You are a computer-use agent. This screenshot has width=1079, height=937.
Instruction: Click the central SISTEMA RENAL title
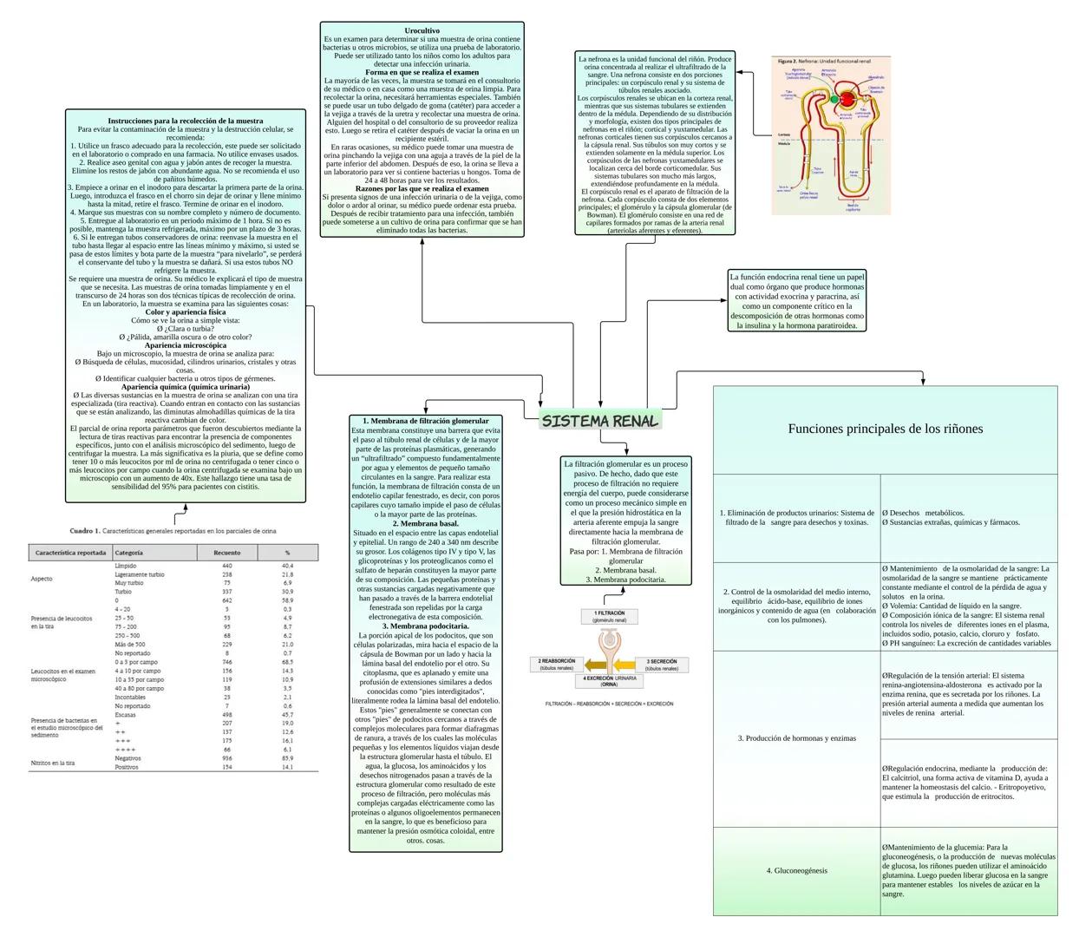point(599,421)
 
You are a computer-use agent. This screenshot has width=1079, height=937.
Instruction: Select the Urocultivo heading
point(422,31)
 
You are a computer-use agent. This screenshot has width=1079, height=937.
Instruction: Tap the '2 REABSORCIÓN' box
point(556,665)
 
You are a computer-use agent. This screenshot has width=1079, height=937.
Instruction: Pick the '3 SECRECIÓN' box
point(662,665)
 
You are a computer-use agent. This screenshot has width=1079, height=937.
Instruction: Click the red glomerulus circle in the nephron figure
point(847,98)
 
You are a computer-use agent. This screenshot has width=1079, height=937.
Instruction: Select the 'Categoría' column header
point(129,553)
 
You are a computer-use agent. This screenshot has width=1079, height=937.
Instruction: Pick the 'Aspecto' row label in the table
point(42,579)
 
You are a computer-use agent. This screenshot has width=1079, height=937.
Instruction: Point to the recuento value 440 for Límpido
point(227,566)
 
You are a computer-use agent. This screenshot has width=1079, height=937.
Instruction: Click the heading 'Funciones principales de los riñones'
point(885,429)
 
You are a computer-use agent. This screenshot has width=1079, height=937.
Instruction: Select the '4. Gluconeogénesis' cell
point(796,870)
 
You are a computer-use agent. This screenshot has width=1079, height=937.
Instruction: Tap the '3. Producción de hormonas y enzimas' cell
point(796,738)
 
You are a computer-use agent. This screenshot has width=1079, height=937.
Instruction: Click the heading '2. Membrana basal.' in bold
point(425,524)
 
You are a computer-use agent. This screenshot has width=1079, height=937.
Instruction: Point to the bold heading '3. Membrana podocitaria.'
point(425,626)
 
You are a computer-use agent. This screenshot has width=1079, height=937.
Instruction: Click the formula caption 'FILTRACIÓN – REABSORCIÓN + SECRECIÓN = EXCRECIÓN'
point(609,704)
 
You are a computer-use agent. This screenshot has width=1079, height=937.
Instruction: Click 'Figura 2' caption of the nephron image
point(788,62)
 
